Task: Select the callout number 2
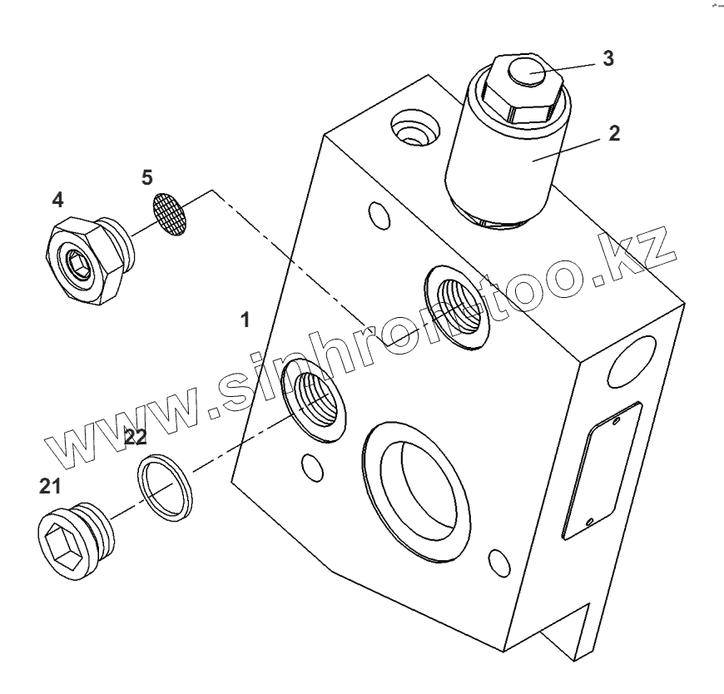pyautogui.click(x=613, y=133)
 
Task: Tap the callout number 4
pyautogui.click(x=57, y=200)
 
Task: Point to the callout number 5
pyautogui.click(x=146, y=177)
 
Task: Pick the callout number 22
pyautogui.click(x=136, y=437)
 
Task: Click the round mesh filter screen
pyautogui.click(x=171, y=215)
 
